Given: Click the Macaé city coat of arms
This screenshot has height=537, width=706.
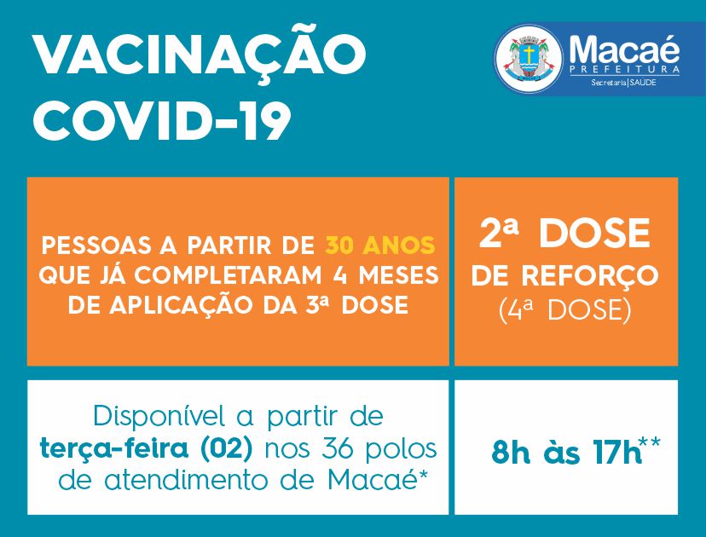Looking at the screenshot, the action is pos(529,59).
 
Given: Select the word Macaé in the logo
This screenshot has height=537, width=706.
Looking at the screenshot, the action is pos(624,49).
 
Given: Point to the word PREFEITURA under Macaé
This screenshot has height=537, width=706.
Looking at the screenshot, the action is pos(624,69).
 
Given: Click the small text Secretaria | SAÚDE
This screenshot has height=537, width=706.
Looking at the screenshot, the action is pos(623,83).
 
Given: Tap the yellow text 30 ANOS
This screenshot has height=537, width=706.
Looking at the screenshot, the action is pos(380,245).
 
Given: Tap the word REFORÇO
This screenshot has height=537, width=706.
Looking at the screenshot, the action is pos(590,276).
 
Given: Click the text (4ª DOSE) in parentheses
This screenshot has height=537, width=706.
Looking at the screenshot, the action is pos(565,310).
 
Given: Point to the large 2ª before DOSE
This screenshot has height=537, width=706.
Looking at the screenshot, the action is pos(499,233).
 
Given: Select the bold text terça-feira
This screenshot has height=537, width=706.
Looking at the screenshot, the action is pos(114,448).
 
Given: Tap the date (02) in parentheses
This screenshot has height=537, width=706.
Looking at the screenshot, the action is pos(227,449).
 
